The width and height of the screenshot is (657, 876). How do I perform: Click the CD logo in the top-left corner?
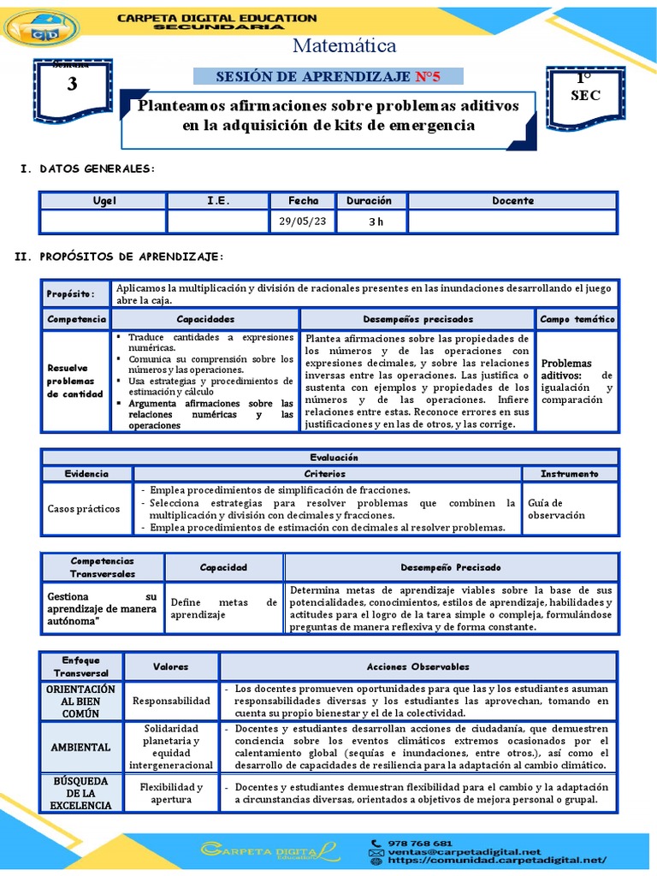(x=40, y=28)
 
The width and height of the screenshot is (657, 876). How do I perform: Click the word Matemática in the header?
(x=345, y=45)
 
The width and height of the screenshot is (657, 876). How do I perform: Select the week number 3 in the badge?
(x=71, y=84)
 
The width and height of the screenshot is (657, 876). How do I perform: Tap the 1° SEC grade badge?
(x=585, y=89)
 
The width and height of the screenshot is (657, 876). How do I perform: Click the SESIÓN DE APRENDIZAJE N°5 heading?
(x=328, y=77)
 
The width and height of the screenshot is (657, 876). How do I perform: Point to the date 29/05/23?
(x=303, y=222)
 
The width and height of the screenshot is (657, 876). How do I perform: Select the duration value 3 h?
(x=376, y=222)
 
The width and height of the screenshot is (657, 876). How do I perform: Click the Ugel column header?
(x=104, y=201)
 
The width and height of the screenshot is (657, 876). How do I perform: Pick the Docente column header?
(x=512, y=201)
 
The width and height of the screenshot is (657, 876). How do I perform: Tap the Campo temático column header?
(x=577, y=319)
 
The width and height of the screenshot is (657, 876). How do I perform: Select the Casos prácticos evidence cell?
(x=84, y=508)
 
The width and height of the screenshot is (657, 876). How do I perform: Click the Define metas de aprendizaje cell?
(x=223, y=608)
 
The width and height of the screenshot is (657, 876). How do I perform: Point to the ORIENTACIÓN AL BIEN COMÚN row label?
(x=80, y=701)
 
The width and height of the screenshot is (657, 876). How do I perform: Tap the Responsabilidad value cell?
(x=171, y=701)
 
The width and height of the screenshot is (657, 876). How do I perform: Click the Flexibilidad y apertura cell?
(x=171, y=793)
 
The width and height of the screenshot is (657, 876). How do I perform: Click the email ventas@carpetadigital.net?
(x=466, y=852)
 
